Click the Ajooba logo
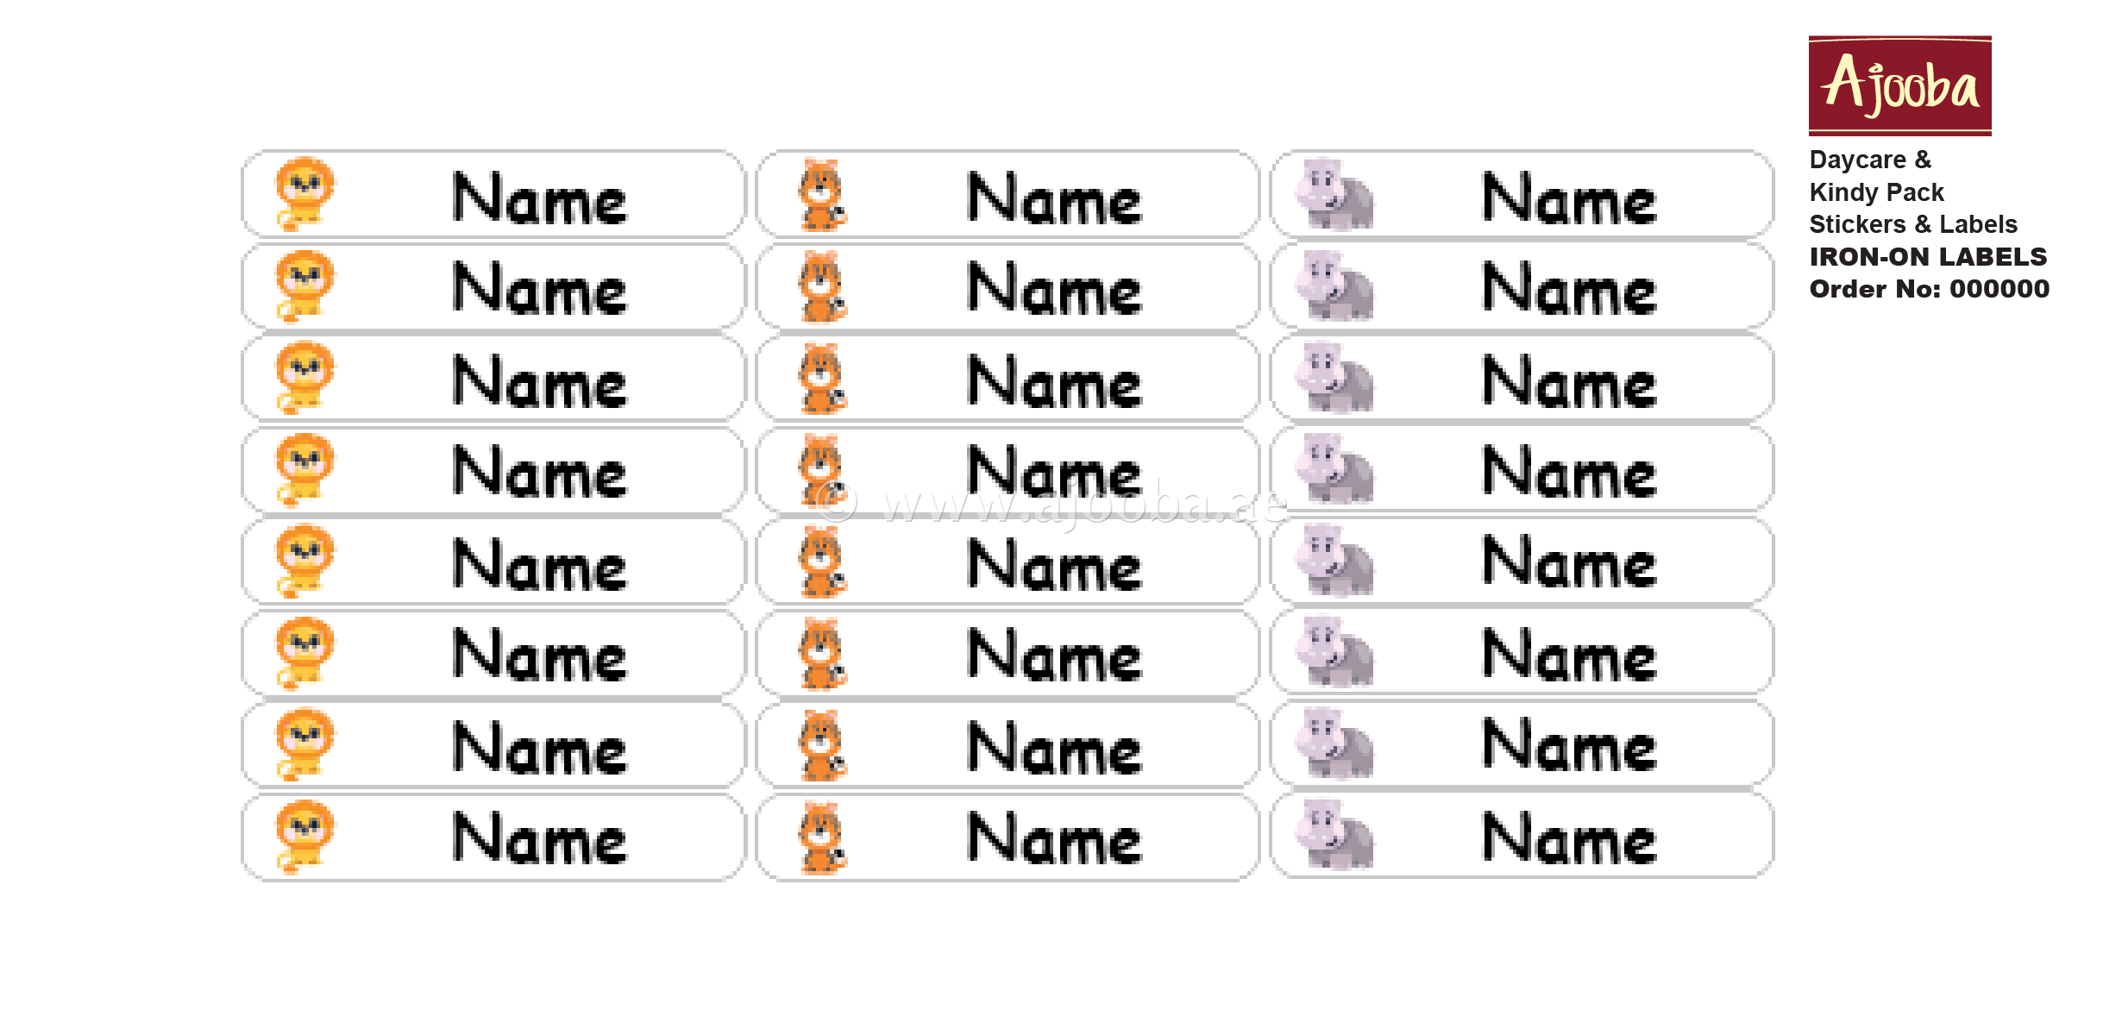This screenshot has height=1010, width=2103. [1899, 85]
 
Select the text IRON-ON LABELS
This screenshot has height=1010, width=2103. [1927, 257]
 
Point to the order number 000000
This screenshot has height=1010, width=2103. [1999, 289]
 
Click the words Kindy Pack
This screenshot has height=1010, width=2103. [1876, 192]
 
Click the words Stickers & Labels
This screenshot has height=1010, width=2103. [1912, 224]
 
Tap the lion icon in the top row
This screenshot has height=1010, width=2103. [304, 194]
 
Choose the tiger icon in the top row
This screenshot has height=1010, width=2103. [822, 195]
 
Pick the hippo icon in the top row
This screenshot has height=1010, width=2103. [1335, 195]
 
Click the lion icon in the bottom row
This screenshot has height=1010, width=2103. [304, 837]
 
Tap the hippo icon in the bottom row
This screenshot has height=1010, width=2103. [1335, 835]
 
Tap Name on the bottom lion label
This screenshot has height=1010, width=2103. [540, 838]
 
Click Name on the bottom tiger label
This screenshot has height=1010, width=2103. [1054, 838]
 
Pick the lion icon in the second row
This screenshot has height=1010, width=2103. [304, 285]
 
